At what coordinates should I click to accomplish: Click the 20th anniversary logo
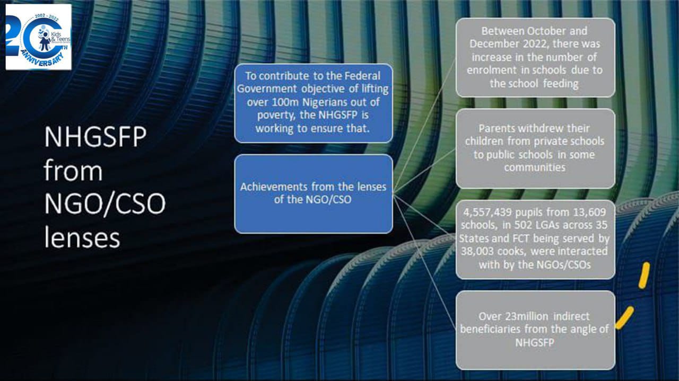coord(39,37)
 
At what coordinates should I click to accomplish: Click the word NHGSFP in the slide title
coord(95,137)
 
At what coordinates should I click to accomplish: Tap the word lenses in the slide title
coord(82,237)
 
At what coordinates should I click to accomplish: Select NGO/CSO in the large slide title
coord(105,204)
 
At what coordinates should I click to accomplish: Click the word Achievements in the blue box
coord(274,187)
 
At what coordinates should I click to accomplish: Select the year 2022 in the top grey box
coord(536,44)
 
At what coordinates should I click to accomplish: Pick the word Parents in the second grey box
coord(497,128)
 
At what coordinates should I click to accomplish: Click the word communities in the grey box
coord(535,167)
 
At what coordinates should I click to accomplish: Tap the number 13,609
coord(589,212)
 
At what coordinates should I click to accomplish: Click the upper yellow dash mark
coord(644,276)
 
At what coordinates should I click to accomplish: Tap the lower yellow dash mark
coord(624,317)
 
